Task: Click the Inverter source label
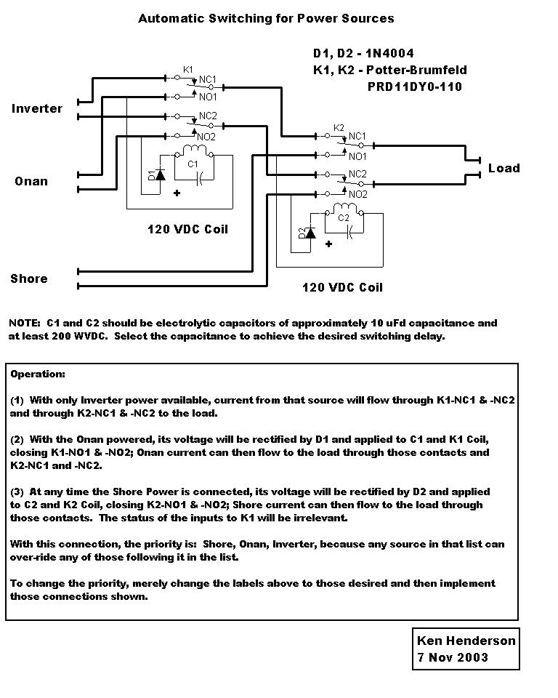[x=37, y=108]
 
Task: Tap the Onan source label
[x=31, y=181]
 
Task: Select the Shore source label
[x=29, y=278]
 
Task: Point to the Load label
[x=504, y=168]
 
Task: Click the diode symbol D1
[x=160, y=174]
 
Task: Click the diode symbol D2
[x=310, y=233]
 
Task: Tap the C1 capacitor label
[x=193, y=164]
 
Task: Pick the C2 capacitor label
[x=344, y=217]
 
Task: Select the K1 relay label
[x=187, y=70]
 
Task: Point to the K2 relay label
[x=339, y=128]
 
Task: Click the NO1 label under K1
[x=208, y=97]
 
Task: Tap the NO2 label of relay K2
[x=357, y=195]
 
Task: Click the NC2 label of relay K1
[x=208, y=116]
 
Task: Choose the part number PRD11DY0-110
[x=415, y=87]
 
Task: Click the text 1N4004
[x=389, y=53]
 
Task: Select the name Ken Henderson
[x=466, y=641]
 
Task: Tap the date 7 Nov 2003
[x=453, y=657]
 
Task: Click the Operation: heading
[x=38, y=374]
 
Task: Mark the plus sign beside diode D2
[x=328, y=244]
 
